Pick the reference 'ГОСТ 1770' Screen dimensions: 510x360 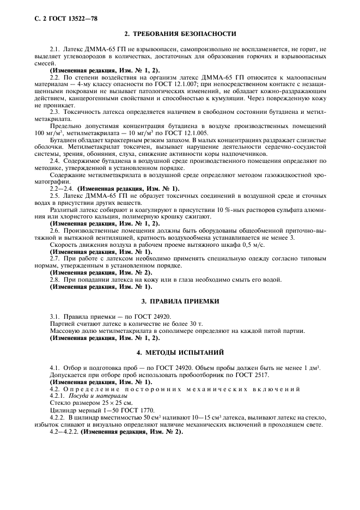point(121,410)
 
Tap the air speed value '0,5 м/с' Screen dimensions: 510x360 point(250,246)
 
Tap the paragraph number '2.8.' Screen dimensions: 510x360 point(55,280)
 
